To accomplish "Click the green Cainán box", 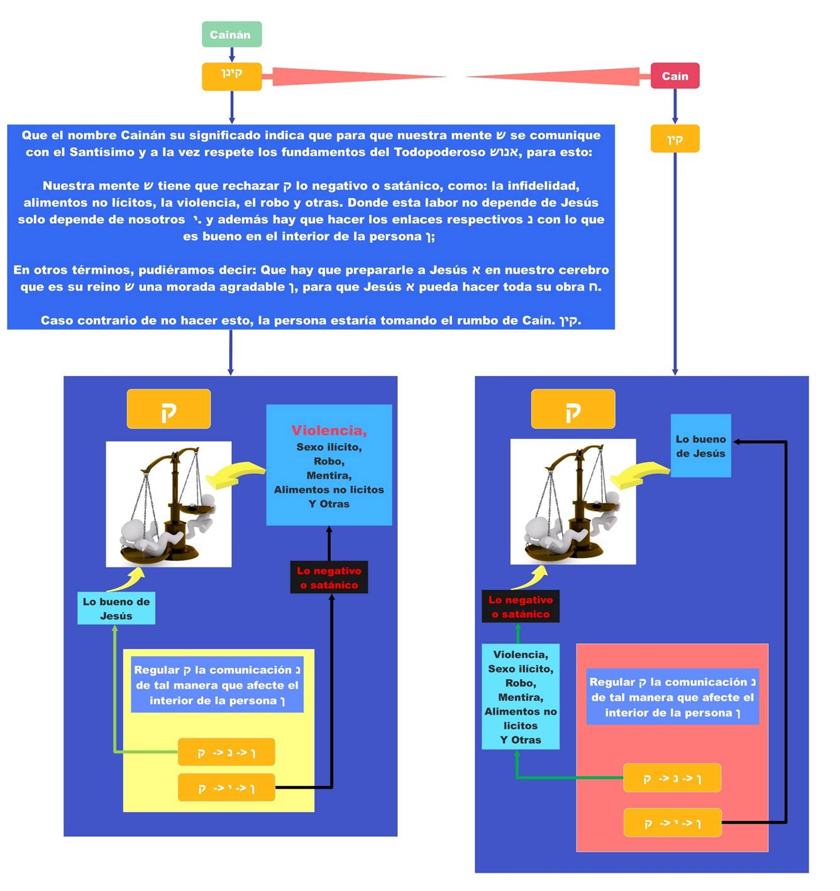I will pyautogui.click(x=231, y=35).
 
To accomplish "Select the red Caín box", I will pyautogui.click(x=675, y=76).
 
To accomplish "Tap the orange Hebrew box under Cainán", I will pyautogui.click(x=231, y=76).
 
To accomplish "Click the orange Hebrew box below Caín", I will pyautogui.click(x=675, y=139).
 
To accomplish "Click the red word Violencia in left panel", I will pyautogui.click(x=329, y=431).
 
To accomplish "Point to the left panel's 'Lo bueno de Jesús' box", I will pyautogui.click(x=116, y=609).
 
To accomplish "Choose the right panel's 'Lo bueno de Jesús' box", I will pyautogui.click(x=700, y=446).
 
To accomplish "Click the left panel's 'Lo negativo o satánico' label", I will pyautogui.click(x=329, y=577).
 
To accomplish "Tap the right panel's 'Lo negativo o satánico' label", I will pyautogui.click(x=521, y=607).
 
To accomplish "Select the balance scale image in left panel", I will pyautogui.click(x=169, y=504).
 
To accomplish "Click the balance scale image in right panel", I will pyautogui.click(x=573, y=502).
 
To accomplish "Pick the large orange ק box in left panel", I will pyautogui.click(x=169, y=409).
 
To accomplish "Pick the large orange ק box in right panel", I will pyautogui.click(x=573, y=409).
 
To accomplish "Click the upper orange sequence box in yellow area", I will pyautogui.click(x=226, y=752).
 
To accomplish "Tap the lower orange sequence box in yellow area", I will pyautogui.click(x=226, y=787).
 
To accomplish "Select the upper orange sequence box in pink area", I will pyautogui.click(x=671, y=778).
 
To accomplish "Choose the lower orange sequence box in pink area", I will pyautogui.click(x=672, y=822).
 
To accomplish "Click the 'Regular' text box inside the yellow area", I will pyautogui.click(x=217, y=685).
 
